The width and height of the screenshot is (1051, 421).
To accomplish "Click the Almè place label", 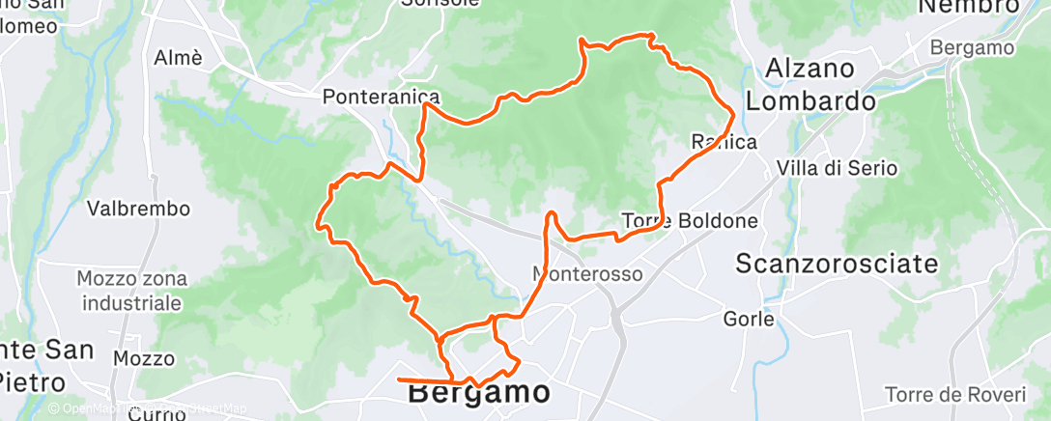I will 179,58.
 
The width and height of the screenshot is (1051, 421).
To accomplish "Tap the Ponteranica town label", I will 382,97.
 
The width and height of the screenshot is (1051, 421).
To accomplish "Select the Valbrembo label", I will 138,209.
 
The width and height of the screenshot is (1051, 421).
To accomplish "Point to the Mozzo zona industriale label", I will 131,291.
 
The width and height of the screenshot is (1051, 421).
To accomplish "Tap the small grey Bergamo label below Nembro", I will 972,48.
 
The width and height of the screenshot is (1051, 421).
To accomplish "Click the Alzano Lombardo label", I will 810,85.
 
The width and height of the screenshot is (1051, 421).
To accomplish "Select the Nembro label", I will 968,7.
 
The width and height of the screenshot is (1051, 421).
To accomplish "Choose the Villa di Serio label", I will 837,169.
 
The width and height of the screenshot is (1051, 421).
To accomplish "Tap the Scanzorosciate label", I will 837,263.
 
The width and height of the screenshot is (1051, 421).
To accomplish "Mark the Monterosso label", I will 587,274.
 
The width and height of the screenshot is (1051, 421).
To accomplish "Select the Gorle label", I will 749,319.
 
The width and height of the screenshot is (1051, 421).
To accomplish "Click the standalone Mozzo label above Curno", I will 143,359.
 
